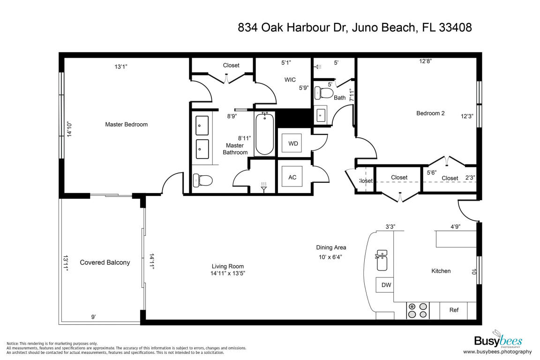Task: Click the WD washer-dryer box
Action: click(293, 143)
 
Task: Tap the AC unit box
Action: click(292, 178)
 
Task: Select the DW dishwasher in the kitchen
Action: click(386, 285)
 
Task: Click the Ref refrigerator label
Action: click(454, 310)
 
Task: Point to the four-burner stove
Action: click(418, 310)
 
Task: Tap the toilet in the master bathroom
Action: click(202, 180)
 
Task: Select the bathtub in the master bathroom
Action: click(264, 134)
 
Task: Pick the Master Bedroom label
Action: click(126, 125)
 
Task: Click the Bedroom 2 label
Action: click(430, 113)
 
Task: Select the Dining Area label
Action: click(331, 247)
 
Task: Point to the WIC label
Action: click(290, 80)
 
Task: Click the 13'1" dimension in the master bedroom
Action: click(121, 67)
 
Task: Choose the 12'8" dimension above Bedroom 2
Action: click(425, 60)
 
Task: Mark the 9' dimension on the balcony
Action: click(93, 317)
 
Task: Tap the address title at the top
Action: click(354, 28)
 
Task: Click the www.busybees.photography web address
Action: click(497, 352)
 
